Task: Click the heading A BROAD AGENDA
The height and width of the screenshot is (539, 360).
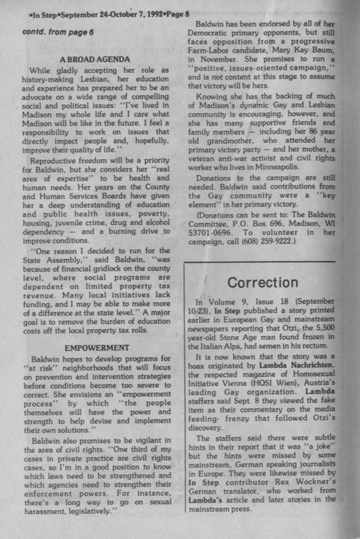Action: (x=95, y=60)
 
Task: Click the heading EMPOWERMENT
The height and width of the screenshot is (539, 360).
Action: (x=97, y=348)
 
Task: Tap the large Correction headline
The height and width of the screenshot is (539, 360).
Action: (x=262, y=282)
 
